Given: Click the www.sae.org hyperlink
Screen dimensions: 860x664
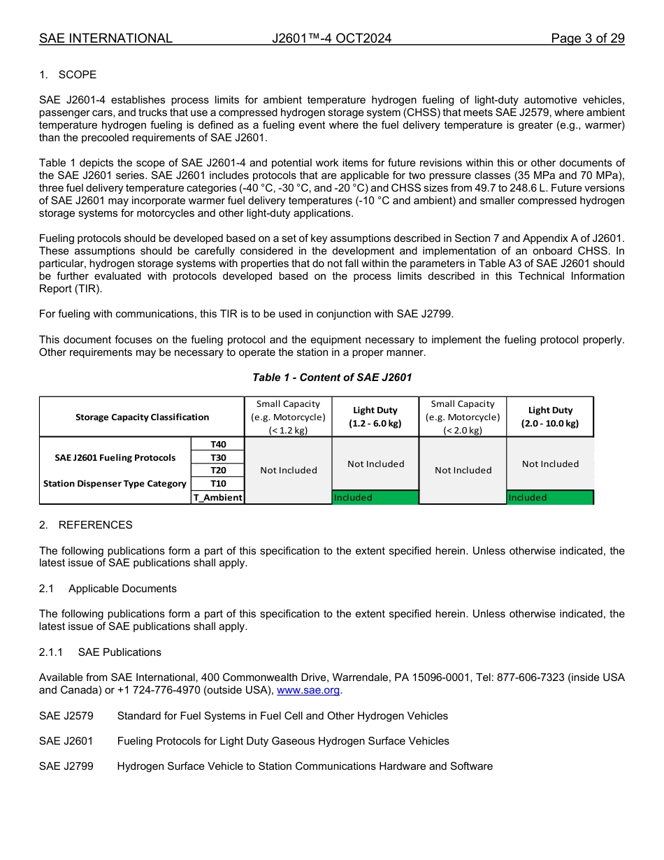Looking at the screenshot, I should (308, 690).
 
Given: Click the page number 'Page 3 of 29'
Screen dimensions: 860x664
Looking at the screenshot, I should (587, 38).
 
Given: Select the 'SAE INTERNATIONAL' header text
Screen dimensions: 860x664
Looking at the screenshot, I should (106, 38).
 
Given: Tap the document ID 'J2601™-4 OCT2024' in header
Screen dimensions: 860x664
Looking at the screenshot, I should (331, 38).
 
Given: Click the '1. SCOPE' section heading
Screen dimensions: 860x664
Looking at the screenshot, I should (68, 75).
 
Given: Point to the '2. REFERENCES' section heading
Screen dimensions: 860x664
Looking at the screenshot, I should (85, 525).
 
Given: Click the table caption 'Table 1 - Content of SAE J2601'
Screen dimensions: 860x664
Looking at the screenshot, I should (332, 378).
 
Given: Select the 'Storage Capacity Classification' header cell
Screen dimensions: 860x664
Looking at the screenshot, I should (142, 417).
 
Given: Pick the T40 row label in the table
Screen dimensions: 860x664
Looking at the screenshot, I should (217, 445).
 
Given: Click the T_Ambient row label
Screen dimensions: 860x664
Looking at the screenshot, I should (217, 498).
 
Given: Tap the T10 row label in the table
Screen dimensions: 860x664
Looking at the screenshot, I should (217, 484).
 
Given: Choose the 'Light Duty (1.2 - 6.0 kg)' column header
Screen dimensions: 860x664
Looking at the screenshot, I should (375, 417).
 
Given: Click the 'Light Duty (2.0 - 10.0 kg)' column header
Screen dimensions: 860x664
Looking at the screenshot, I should (550, 417).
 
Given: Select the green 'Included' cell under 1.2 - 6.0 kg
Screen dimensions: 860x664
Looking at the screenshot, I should (375, 498).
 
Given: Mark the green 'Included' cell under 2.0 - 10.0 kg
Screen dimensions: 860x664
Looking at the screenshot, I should (550, 498).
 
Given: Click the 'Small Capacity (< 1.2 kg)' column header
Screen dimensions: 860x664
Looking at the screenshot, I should (288, 417).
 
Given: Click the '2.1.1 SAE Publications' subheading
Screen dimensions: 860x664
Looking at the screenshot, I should (100, 652).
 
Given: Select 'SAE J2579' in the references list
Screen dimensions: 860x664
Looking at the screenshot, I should (66, 716).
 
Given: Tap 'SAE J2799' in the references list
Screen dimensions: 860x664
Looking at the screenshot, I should (66, 766).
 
